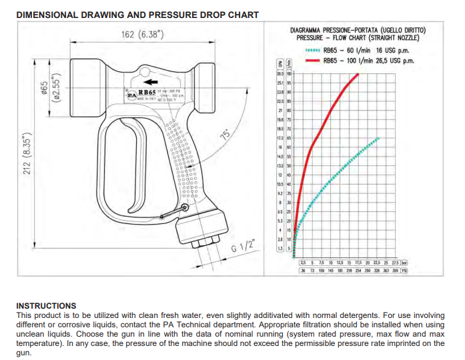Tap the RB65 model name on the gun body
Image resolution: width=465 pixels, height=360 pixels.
tap(147, 92)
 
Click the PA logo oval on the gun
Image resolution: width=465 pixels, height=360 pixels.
tap(131, 95)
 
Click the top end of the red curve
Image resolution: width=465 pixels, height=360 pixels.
tap(358, 74)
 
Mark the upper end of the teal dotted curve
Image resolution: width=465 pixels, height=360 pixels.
tap(378, 138)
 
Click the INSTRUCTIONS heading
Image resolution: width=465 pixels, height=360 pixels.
tap(46, 305)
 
